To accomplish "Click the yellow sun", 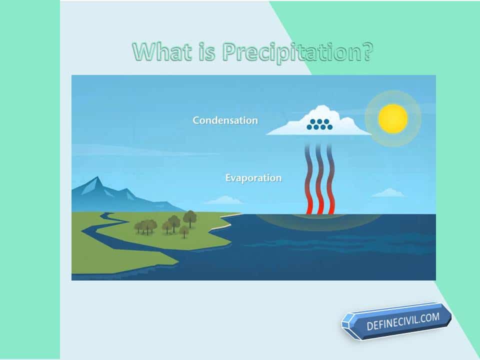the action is tap(393, 118).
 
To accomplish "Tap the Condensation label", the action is tap(225, 120).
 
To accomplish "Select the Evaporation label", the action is tap(253, 178).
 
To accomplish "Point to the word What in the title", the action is tap(162, 51).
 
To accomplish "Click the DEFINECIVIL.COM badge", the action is tap(396, 321).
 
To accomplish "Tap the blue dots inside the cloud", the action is tap(319, 124).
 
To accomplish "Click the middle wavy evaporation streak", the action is tap(319, 179).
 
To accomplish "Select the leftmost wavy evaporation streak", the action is tap(309, 179).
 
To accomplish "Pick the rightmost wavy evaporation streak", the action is tap(330, 179).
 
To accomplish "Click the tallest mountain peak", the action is tap(97, 178).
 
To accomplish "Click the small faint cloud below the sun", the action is tap(388, 193).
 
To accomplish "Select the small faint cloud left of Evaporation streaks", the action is tap(224, 200).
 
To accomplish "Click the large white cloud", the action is tap(318, 121).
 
